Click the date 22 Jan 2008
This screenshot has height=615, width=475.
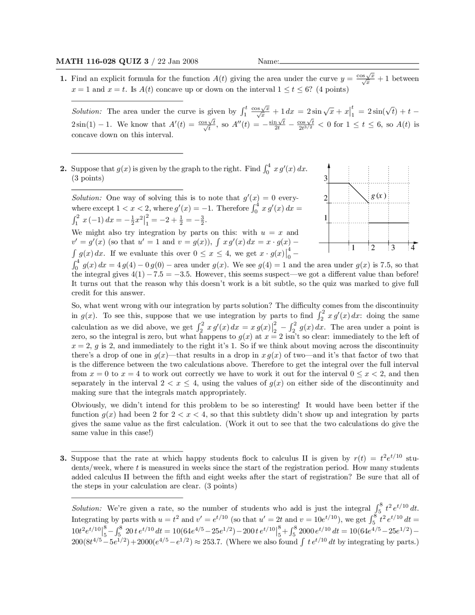178,62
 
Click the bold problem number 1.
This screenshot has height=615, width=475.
63,79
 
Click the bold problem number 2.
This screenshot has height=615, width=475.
63,169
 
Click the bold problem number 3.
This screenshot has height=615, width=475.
63,459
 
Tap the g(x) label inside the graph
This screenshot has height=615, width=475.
379,196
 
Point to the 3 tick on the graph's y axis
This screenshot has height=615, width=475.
326,179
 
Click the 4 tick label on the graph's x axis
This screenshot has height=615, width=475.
412,248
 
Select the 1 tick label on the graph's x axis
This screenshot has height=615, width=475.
353,248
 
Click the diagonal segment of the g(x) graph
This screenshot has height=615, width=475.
358,193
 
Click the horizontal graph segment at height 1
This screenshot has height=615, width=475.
388,223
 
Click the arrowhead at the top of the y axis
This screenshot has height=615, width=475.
329,166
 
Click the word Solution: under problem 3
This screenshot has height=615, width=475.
86,508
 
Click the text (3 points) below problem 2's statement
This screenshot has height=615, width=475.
88,178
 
